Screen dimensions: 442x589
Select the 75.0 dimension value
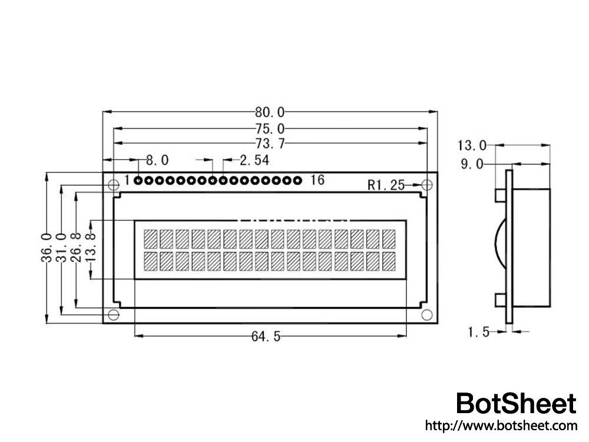point(270,128)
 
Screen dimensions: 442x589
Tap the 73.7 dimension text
point(270,143)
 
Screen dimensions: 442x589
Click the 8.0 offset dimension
point(157,160)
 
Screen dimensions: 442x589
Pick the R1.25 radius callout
point(386,185)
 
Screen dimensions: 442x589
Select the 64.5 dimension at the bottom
point(266,337)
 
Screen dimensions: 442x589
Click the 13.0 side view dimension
point(472,145)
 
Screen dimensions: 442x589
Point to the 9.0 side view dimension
point(472,164)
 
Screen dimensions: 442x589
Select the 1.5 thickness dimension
point(478,332)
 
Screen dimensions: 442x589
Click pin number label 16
point(317,180)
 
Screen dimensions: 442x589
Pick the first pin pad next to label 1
point(138,180)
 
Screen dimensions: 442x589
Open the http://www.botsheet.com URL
point(501,425)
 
